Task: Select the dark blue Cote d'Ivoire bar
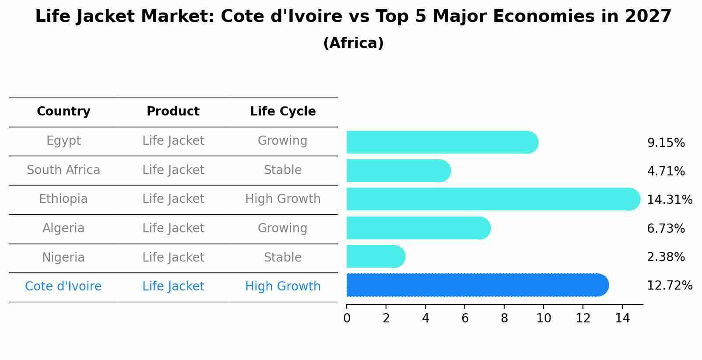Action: pyautogui.click(x=477, y=285)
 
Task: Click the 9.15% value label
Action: pyautogui.click(x=666, y=143)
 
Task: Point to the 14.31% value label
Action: pyautogui.click(x=669, y=200)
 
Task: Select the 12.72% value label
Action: pyautogui.click(x=669, y=286)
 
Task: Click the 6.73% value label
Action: pyautogui.click(x=666, y=228)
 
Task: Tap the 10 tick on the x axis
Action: pyautogui.click(x=544, y=318)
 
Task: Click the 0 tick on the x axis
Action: pyautogui.click(x=347, y=318)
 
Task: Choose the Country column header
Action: pyautogui.click(x=63, y=112)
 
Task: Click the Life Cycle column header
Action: pyautogui.click(x=283, y=112)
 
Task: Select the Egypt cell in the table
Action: pyautogui.click(x=63, y=141)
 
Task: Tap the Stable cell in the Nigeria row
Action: pyautogui.click(x=283, y=257)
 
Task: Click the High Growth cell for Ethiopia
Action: pyautogui.click(x=283, y=199)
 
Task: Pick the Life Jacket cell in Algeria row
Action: pyautogui.click(x=173, y=228)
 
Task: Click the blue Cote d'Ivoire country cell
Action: pyautogui.click(x=63, y=287)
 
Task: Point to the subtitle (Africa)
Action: pyautogui.click(x=353, y=43)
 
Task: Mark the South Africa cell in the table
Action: pyautogui.click(x=63, y=170)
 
